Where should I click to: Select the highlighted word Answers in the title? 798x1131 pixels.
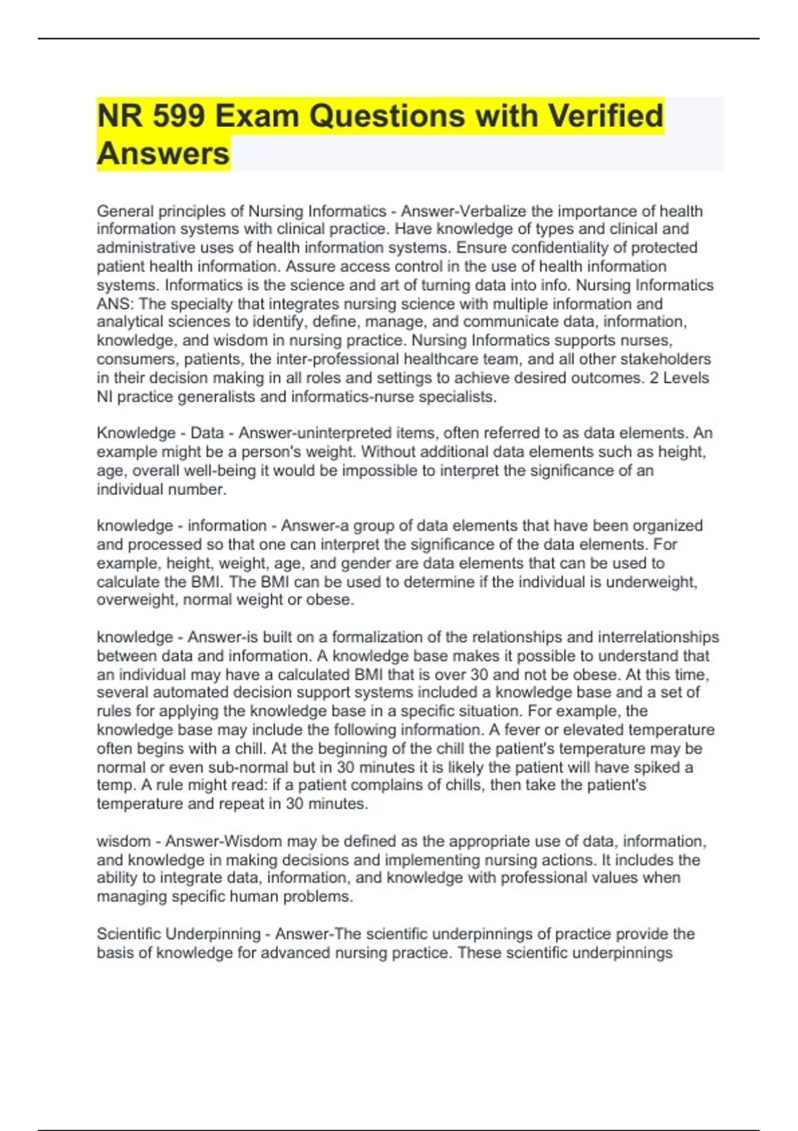(163, 154)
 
